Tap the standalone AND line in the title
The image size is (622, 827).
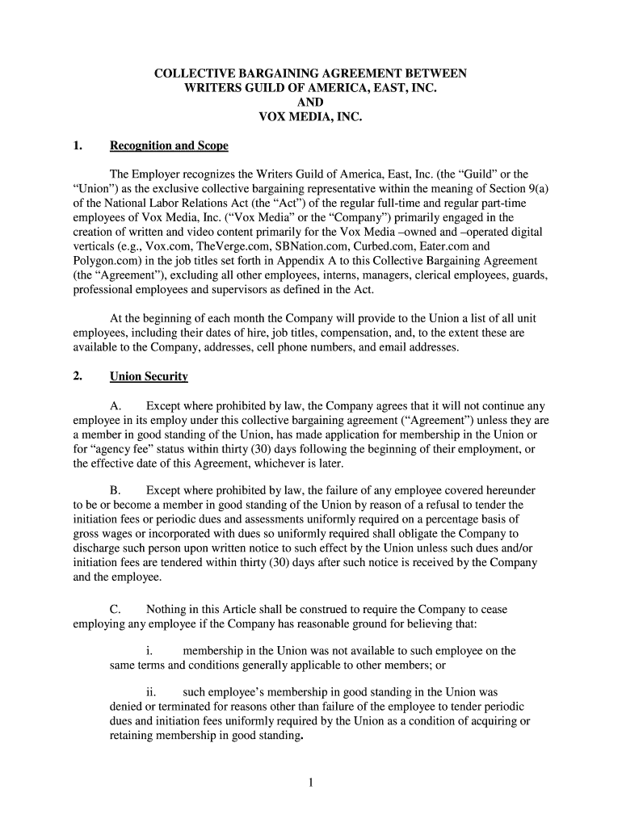coord(310,103)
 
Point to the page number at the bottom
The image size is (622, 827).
coord(310,781)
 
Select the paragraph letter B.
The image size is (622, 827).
coord(115,490)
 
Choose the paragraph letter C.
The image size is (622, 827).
coord(115,610)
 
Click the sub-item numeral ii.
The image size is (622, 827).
coord(151,692)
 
